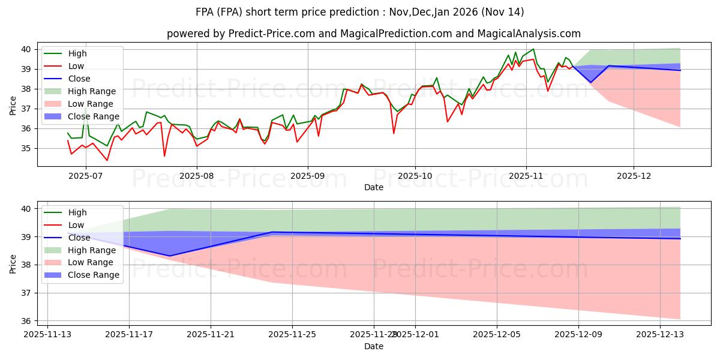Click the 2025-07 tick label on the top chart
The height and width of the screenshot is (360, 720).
85,175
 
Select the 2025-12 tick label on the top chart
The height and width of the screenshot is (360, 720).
634,175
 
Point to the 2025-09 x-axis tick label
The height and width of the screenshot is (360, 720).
308,175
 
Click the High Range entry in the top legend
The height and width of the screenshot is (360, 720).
92,91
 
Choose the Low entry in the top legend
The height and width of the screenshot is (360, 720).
77,66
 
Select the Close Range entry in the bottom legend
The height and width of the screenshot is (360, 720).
94,275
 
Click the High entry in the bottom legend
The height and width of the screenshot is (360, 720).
78,212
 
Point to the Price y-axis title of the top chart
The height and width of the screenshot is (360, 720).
13,106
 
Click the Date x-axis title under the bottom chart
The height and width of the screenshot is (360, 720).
373,346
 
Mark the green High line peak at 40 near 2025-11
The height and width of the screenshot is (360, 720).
533,49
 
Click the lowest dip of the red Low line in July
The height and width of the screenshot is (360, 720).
107,160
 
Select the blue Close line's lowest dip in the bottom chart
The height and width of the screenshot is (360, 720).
169,256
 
